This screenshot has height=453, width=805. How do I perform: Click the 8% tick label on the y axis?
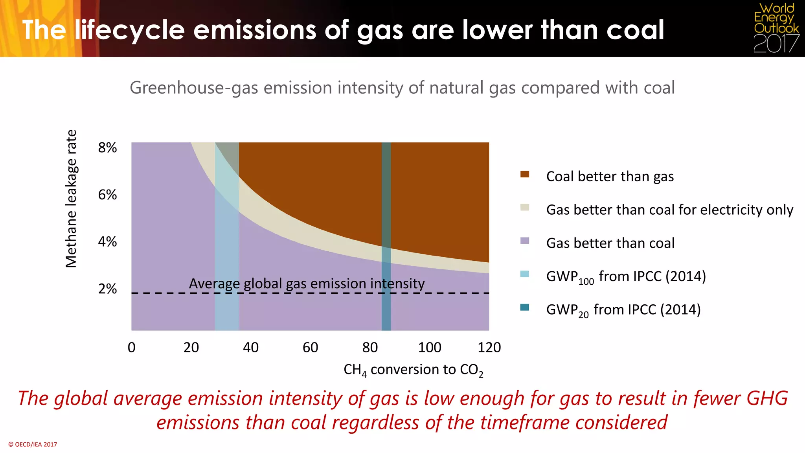coord(107,148)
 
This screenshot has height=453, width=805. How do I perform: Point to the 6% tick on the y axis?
coord(107,195)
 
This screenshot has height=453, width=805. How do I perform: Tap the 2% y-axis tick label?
coord(107,289)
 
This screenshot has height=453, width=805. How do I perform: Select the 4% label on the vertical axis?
coord(107,242)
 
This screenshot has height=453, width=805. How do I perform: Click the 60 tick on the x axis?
coord(310,348)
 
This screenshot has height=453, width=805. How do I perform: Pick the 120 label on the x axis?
coord(489,348)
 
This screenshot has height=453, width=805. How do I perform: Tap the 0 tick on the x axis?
coord(132,348)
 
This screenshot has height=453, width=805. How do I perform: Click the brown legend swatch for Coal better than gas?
coord(524,175)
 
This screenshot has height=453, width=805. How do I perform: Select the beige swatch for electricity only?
coord(524,208)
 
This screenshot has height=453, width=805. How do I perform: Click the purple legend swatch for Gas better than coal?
coord(524,241)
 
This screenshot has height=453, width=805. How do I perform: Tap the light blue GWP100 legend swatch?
coord(524,274)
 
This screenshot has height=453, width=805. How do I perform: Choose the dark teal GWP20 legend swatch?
coord(524,308)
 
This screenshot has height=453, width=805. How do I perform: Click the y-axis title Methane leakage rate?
coord(71,199)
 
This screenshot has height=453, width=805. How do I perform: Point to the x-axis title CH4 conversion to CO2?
coord(413,370)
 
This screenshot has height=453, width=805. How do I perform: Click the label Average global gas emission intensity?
coord(307,284)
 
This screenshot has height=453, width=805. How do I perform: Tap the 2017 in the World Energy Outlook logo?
coord(776,44)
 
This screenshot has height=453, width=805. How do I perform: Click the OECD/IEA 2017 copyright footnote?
coord(33,444)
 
